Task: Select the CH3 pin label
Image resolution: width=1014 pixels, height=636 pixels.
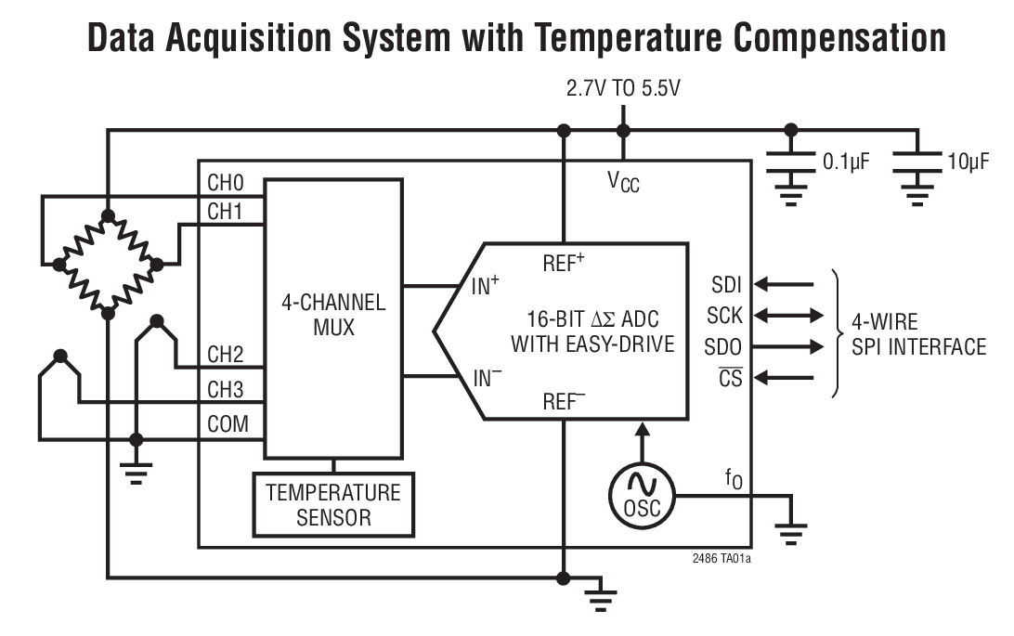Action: coord(226,389)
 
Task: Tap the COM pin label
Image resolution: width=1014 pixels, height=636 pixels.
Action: coord(227,424)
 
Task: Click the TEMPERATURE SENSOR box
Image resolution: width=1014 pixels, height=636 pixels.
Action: coord(333,505)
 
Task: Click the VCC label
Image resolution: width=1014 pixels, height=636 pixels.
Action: coord(623,182)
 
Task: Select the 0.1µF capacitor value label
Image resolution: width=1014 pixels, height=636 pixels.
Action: coord(845,162)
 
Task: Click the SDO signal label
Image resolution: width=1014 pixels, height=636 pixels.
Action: coord(723,347)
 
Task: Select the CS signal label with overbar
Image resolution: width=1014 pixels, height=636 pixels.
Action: coord(730,379)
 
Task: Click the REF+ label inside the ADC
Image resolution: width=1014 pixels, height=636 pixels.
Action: coord(564,262)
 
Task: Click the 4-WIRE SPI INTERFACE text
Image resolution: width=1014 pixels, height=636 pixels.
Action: coord(917,335)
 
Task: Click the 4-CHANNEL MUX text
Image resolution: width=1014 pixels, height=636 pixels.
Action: coord(333,316)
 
